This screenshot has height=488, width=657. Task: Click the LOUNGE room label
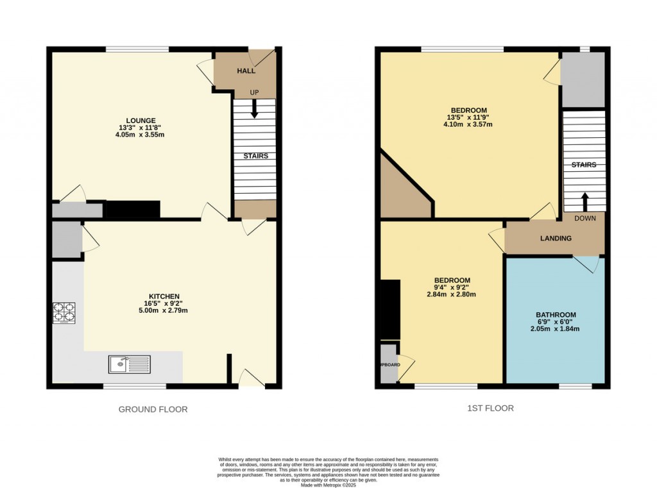pyautogui.click(x=141, y=120)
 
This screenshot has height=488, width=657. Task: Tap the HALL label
pyautogui.click(x=246, y=71)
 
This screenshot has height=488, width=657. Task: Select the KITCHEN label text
pyautogui.click(x=157, y=296)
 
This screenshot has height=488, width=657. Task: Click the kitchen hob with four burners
pyautogui.click(x=64, y=312)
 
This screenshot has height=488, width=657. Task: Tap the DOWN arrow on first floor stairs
pyautogui.click(x=584, y=201)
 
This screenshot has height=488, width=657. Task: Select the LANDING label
pyautogui.click(x=556, y=239)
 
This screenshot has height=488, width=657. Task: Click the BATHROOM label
pyautogui.click(x=556, y=315)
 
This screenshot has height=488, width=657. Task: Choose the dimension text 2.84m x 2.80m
pyautogui.click(x=452, y=294)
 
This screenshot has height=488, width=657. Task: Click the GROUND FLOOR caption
pyautogui.click(x=153, y=409)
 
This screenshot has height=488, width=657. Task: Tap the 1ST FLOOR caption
pyautogui.click(x=491, y=408)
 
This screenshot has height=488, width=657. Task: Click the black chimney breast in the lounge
pyautogui.click(x=132, y=209)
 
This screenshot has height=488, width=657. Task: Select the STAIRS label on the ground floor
pyautogui.click(x=255, y=156)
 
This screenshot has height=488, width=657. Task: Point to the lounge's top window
pyautogui.click(x=137, y=49)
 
